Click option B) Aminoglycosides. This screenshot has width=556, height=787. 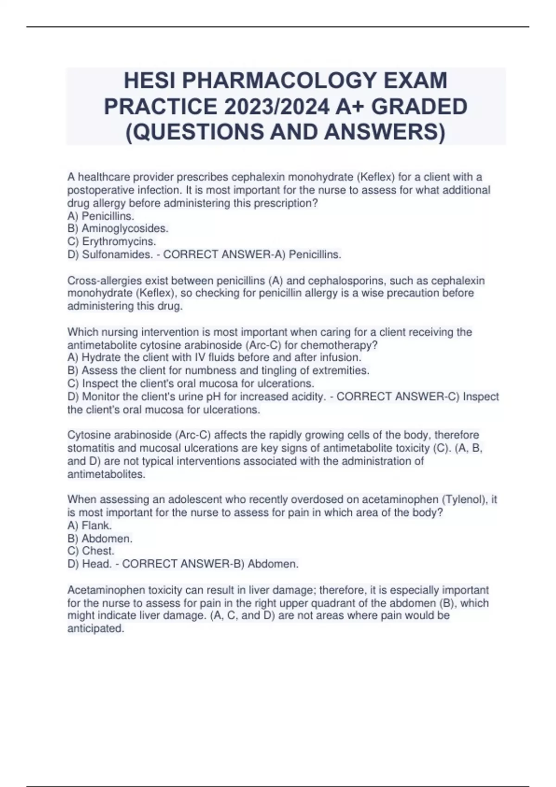118,228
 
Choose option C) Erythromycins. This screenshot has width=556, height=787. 112,241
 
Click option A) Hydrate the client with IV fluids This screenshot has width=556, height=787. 214,357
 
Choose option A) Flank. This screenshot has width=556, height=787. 90,525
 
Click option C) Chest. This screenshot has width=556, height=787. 91,551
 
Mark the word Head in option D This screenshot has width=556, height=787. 96,564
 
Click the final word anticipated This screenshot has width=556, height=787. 95,629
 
